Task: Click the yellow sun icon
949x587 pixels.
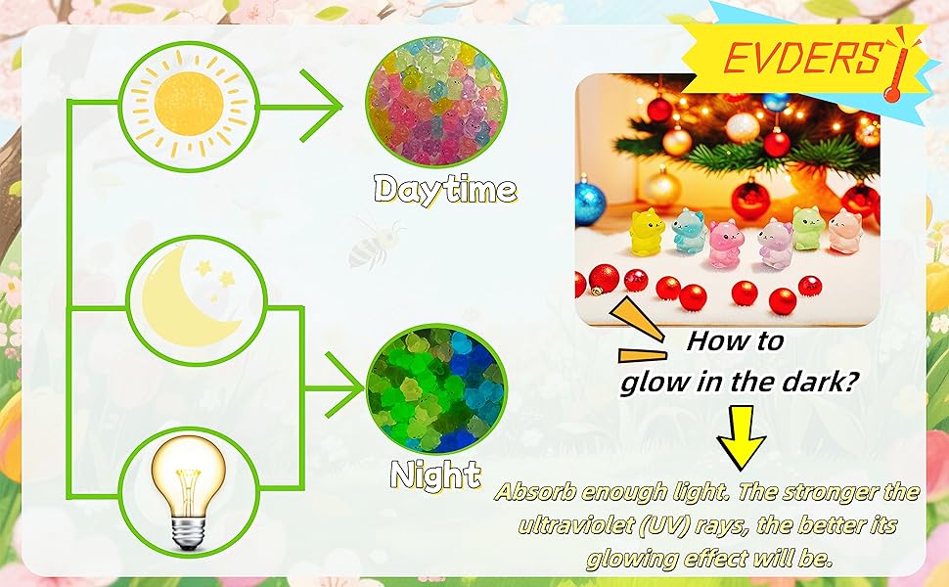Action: pos(190,104)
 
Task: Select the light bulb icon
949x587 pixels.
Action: pos(189,489)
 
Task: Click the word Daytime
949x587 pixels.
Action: pos(445,190)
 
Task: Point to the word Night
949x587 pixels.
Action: pos(435,475)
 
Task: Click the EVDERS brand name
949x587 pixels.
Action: pos(802,58)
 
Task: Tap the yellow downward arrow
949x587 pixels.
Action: pos(741,437)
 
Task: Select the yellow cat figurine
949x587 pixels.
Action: pos(647,232)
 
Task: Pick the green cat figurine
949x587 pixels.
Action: pos(809,228)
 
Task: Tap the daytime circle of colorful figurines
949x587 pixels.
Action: pos(435,102)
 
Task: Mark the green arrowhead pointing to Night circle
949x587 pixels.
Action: pos(345,386)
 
